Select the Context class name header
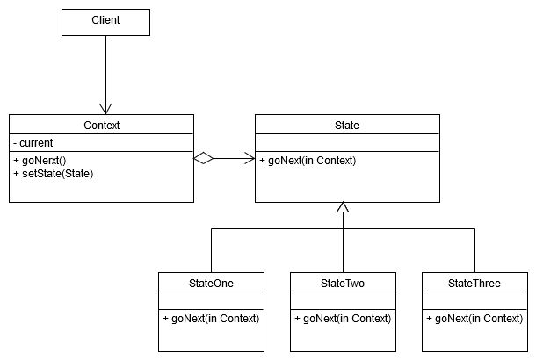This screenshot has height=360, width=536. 101,126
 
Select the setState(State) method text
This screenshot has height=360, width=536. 55,173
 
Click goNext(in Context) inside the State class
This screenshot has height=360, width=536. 308,160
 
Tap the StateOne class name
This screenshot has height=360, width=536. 211,283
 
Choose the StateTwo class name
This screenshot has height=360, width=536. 343,283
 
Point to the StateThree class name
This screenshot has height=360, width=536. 474,283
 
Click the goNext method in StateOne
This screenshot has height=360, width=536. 211,318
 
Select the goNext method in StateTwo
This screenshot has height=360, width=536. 343,318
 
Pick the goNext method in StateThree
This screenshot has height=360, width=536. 474,318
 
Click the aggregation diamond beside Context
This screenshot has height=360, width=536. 204,159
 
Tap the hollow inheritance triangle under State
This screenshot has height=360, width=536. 343,208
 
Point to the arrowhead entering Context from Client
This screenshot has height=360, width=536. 105,109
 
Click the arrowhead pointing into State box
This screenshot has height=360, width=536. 250,159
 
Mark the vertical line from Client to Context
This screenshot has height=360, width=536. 105,70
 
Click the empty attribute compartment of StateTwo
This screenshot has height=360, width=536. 343,300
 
